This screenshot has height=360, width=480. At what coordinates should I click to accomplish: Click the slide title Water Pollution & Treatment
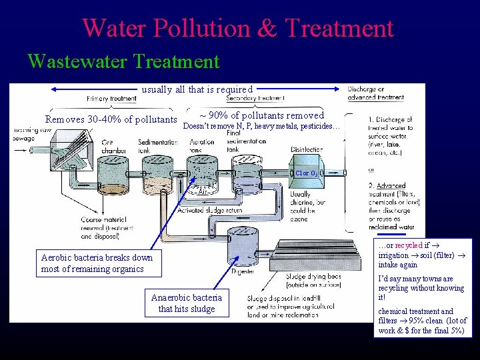(x=238, y=28)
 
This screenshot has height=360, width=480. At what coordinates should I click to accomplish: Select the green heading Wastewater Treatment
(x=123, y=62)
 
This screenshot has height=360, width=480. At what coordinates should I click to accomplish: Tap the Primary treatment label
(x=111, y=99)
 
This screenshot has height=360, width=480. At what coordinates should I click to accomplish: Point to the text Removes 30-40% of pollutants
(x=111, y=119)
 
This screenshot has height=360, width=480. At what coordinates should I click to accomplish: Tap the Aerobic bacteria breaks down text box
(x=97, y=263)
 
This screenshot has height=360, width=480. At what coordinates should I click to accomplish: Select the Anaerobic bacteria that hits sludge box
(x=187, y=303)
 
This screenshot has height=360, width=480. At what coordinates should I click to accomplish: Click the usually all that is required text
(x=197, y=89)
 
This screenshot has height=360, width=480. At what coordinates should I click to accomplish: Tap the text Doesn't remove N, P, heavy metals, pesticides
(x=261, y=126)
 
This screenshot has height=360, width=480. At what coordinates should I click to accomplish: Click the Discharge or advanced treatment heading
(x=375, y=93)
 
